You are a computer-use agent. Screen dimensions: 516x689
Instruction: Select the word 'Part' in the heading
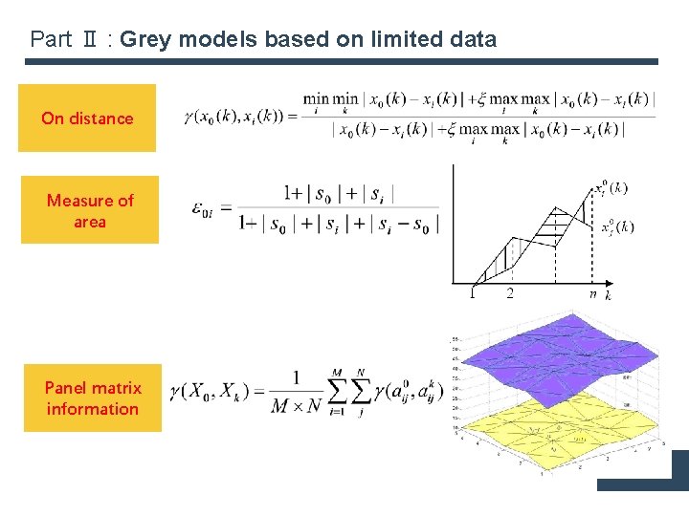50,39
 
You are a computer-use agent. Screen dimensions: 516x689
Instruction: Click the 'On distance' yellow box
87,118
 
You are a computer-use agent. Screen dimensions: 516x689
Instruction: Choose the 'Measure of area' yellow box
90,211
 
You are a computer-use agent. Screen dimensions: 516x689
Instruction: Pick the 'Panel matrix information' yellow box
93,398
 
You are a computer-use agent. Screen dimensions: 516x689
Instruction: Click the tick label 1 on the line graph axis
472,293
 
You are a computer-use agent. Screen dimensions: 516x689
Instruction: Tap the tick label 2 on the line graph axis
509,293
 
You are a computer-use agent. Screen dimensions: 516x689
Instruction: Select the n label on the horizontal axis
592,293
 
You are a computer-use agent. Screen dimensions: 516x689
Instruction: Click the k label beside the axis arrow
609,294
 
